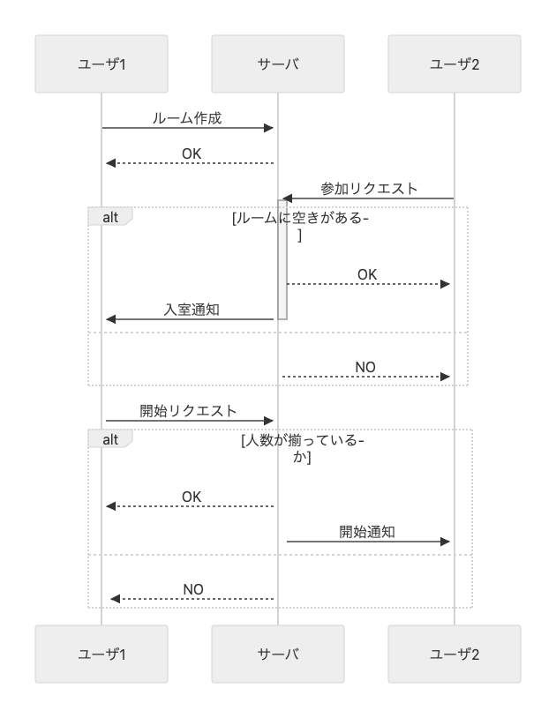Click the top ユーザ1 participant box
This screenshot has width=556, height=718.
tap(101, 64)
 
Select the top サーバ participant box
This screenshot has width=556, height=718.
tap(277, 64)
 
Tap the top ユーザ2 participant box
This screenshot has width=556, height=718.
tap(455, 64)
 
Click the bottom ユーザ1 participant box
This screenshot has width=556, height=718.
tap(101, 654)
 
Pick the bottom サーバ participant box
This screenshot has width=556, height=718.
tap(277, 654)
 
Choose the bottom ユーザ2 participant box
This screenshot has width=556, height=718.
tap(455, 654)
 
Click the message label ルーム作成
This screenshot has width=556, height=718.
tap(187, 118)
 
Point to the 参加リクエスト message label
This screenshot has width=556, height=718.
tap(369, 189)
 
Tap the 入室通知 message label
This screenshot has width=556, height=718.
tap(192, 310)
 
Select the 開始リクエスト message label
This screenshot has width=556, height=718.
tap(188, 411)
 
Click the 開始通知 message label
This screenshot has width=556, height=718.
tap(367, 532)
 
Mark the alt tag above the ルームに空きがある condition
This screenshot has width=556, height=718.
tap(110, 217)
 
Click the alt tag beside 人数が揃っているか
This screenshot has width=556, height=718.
tap(110, 439)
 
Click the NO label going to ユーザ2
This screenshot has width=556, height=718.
tap(365, 367)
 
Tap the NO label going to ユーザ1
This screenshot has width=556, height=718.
tap(192, 589)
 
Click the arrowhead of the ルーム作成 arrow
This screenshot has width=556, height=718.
tap(269, 128)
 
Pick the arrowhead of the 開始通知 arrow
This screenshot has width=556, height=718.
tap(445, 542)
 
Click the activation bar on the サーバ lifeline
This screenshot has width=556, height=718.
tap(282, 259)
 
